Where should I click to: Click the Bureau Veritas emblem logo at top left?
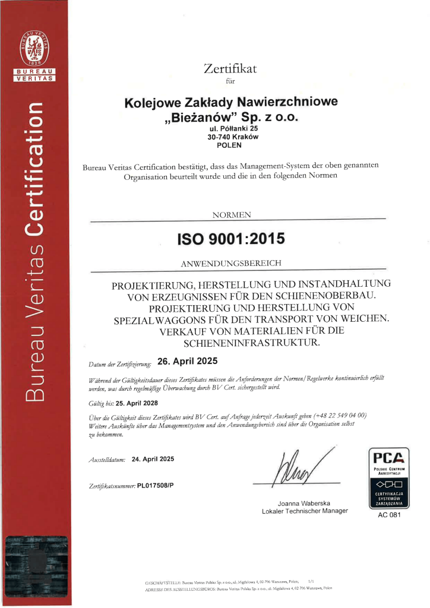34,50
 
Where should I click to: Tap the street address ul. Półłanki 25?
230,128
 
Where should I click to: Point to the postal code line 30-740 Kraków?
230,137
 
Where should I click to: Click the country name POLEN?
230,145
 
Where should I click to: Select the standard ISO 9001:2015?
231,239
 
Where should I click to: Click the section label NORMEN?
231,214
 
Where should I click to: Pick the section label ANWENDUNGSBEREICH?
231,263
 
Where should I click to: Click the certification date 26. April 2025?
188,361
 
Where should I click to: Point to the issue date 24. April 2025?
153,459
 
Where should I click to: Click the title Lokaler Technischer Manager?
305,511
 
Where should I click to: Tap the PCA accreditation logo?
389,477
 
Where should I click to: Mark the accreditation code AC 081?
390,515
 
